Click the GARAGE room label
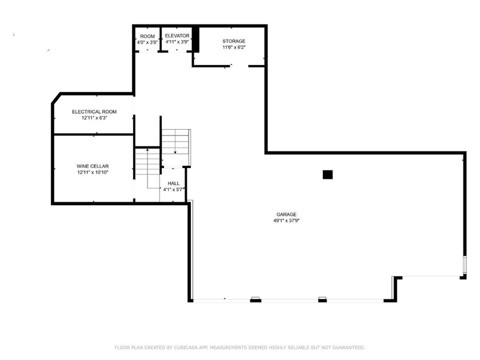pyautogui.click(x=286, y=214)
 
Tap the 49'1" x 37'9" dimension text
pyautogui.click(x=286, y=221)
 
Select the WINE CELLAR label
pyautogui.click(x=93, y=166)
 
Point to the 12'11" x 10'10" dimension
pyautogui.click(x=93, y=172)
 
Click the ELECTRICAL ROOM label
pyautogui.click(x=94, y=111)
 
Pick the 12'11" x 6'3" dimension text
pyautogui.click(x=94, y=118)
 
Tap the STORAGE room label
pyautogui.click(x=234, y=41)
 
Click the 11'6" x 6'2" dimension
pyautogui.click(x=234, y=47)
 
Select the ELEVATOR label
pyautogui.click(x=177, y=35)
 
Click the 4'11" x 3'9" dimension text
pyautogui.click(x=177, y=42)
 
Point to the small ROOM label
pyautogui.click(x=147, y=36)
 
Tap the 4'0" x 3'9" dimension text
pyautogui.click(x=147, y=42)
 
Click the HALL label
pyautogui.click(x=174, y=183)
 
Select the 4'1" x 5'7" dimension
pyautogui.click(x=174, y=189)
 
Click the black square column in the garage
pyautogui.click(x=327, y=175)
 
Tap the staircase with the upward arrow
pyautogui.click(x=147, y=166)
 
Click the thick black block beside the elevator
pyautogui.click(x=195, y=39)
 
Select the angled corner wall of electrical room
pyautogui.click(x=57, y=98)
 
